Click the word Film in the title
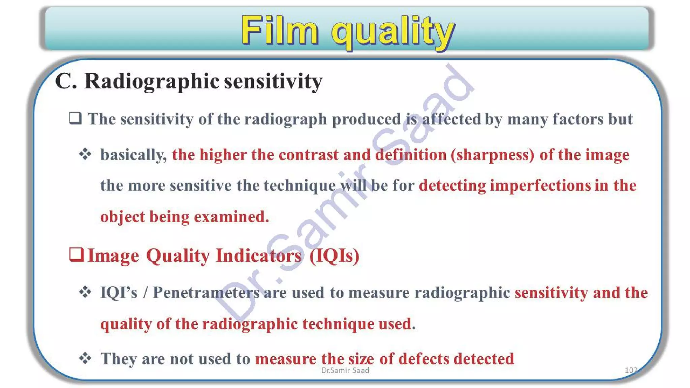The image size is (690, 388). [x=280, y=31]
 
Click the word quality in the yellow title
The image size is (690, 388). [x=393, y=32]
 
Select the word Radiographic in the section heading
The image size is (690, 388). [x=152, y=82]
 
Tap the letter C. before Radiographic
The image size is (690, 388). [x=66, y=82]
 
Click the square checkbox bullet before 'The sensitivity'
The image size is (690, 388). [x=75, y=119]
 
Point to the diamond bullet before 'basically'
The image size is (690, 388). [x=85, y=154]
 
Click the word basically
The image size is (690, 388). [x=133, y=155]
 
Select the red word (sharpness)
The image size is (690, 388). [x=492, y=155]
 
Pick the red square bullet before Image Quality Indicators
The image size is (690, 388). [x=76, y=255]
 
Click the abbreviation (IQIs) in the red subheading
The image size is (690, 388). [x=334, y=256]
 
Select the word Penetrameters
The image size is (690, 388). [x=206, y=292]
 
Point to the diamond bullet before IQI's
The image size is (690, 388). [x=85, y=292]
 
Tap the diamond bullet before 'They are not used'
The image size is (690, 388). [x=85, y=358]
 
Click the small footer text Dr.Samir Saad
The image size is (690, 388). [x=345, y=370]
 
